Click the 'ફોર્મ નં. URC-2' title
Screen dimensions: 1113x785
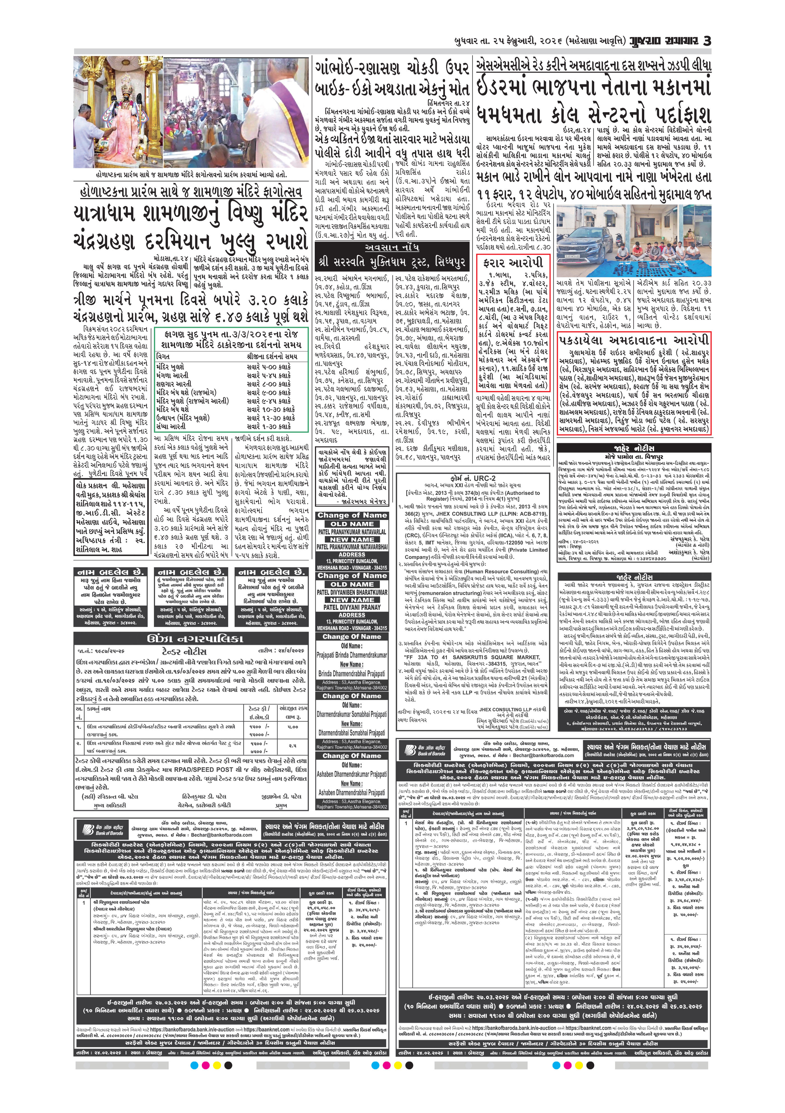click(473, 478)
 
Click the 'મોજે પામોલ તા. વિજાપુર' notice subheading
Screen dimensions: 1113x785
click(634, 457)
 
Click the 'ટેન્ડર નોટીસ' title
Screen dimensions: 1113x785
click(184, 651)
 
